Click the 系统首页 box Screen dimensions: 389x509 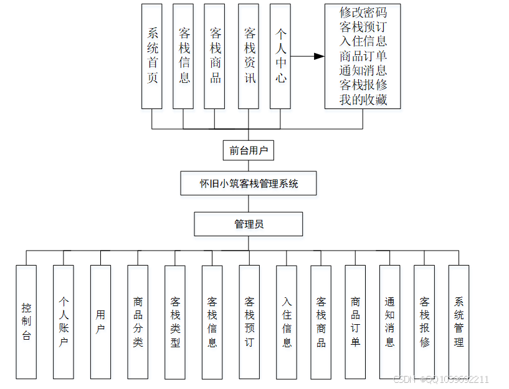click(152, 56)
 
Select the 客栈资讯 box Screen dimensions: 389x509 click(248, 56)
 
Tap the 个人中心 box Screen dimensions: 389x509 click(280, 56)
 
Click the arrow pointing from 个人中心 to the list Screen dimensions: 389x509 click(308, 56)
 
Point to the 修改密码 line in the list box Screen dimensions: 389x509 click(363, 12)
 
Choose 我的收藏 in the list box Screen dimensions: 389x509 click(363, 99)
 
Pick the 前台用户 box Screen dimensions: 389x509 click(248, 150)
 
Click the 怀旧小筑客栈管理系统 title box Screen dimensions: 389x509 click(249, 184)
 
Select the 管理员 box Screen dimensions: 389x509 click(249, 224)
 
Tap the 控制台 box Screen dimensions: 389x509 click(26, 322)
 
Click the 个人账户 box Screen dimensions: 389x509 click(64, 322)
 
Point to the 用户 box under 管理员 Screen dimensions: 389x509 click(100, 322)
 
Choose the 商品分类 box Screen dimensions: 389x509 click(138, 322)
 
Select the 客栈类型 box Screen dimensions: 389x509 click(175, 322)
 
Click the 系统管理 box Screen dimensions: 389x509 click(459, 322)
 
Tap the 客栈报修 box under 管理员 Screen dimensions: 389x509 click(424, 322)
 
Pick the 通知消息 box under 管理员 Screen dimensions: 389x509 click(389, 322)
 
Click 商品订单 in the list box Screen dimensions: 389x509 click(363, 56)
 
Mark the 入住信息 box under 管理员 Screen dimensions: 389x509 click(287, 322)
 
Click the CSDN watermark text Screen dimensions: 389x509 click(441, 379)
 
